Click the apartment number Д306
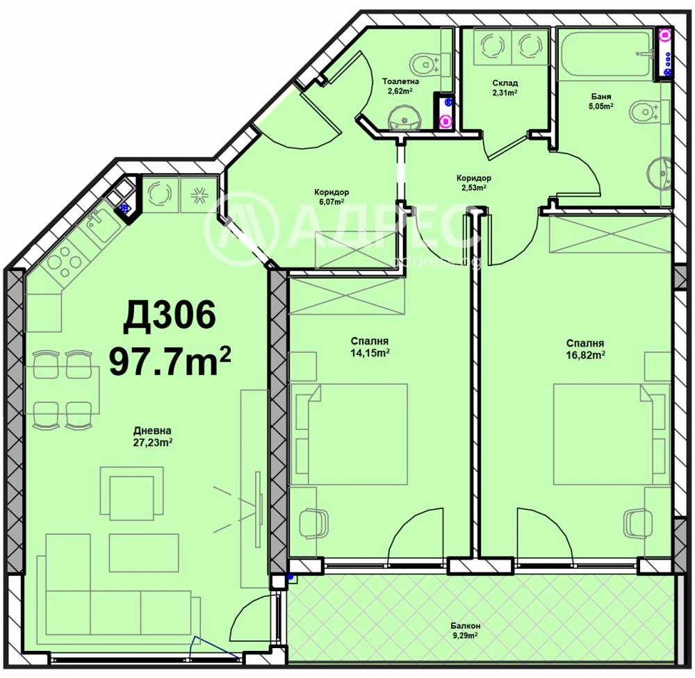click(x=170, y=315)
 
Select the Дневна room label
click(x=152, y=431)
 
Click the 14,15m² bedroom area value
click(x=370, y=353)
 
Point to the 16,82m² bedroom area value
click(x=585, y=354)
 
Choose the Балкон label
click(x=466, y=626)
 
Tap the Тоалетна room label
click(x=401, y=81)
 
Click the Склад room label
click(x=505, y=83)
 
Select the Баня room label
click(x=601, y=97)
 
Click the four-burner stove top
click(x=62, y=261)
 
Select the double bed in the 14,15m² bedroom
click(x=349, y=434)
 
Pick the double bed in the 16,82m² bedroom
click(x=611, y=434)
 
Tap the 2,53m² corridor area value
click(x=474, y=187)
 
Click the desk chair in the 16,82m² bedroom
click(x=638, y=524)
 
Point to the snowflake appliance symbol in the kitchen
click(x=199, y=194)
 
